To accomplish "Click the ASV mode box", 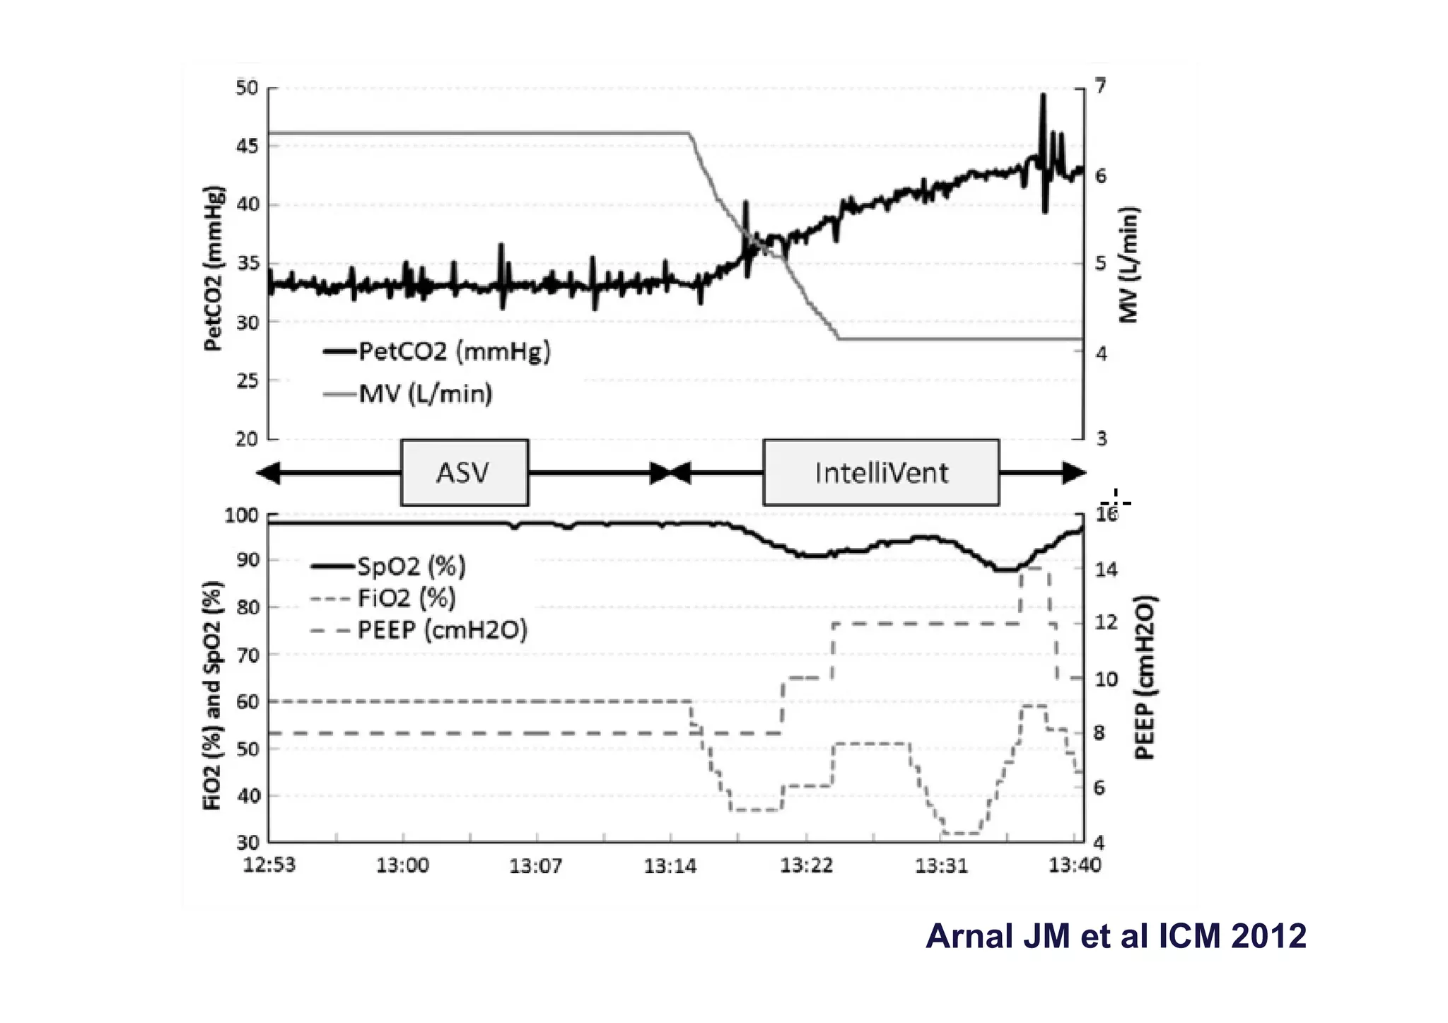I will (465, 472).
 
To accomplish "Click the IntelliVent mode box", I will (881, 472).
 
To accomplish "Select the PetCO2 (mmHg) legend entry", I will (453, 351).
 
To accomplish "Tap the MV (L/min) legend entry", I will (425, 393).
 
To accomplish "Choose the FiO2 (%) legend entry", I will (407, 598).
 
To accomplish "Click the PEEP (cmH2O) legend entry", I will (442, 629).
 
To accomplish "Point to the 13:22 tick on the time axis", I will (806, 865).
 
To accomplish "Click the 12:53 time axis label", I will (269, 865).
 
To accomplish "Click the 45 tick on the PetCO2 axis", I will (247, 146).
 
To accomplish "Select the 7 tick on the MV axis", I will (1101, 87).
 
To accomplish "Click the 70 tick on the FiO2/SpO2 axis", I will (247, 655).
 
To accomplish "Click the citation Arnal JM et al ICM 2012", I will (1115, 936).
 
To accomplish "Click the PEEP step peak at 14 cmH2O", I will (1034, 568).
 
